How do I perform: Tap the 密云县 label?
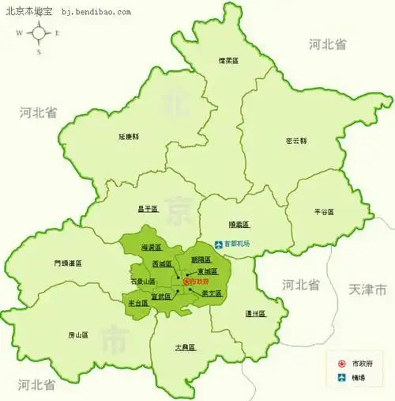296,141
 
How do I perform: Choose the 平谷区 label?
323,212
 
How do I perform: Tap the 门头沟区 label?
67,263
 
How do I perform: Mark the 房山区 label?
77,335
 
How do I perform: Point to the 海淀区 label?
151,248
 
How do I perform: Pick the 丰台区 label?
137,303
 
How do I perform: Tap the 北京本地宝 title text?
27,11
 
